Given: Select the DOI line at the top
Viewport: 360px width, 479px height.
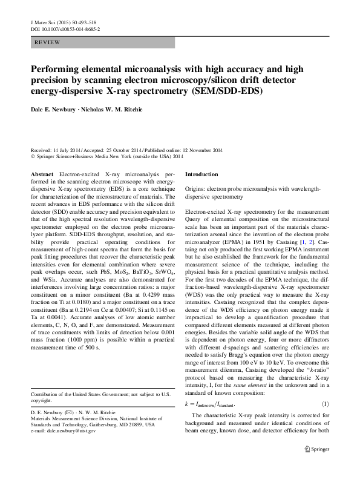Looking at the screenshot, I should coord(65,28).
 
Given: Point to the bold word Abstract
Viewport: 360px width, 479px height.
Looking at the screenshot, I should coord(42,174).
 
